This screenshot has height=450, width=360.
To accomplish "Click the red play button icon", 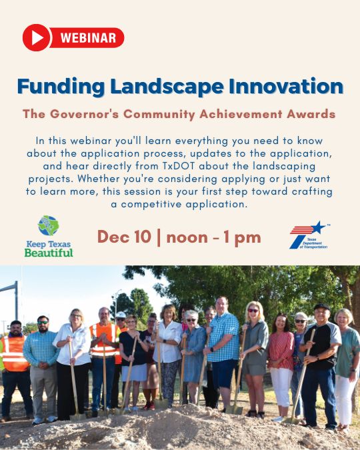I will pyautogui.click(x=37, y=37).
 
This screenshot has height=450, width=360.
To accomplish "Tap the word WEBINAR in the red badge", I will pyautogui.click(x=87, y=38).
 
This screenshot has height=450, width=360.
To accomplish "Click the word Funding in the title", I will pyautogui.click(x=59, y=86).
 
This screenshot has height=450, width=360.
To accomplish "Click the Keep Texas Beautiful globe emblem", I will pyautogui.click(x=48, y=225).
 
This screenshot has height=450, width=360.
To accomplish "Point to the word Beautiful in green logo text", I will pyautogui.click(x=49, y=253).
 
